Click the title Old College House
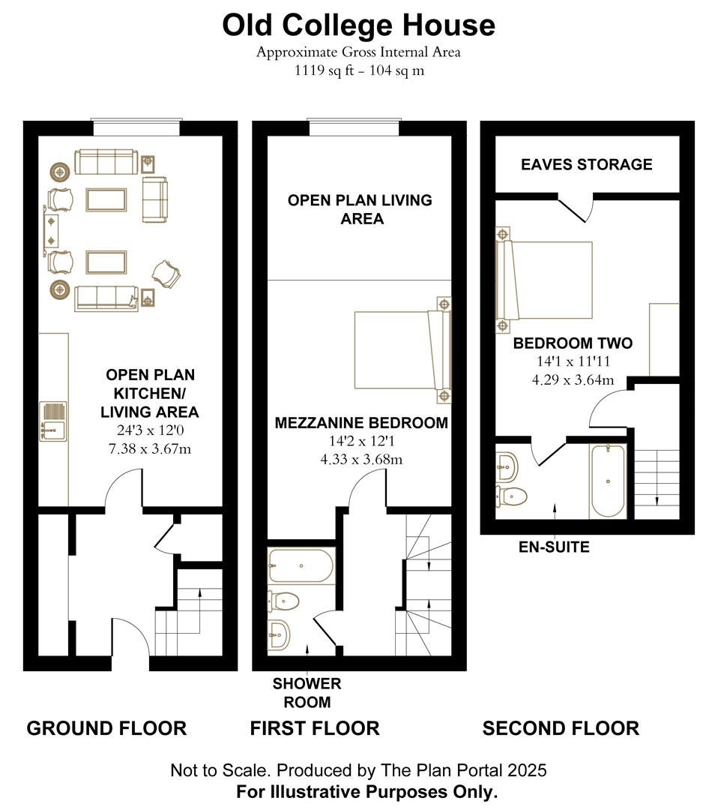click(x=358, y=25)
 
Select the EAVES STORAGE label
click(x=586, y=164)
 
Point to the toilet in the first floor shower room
click(x=284, y=601)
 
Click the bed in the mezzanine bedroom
click(x=403, y=351)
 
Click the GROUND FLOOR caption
click(x=106, y=727)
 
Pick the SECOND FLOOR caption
click(x=560, y=727)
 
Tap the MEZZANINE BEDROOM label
click(x=361, y=423)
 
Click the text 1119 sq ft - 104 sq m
click(x=358, y=71)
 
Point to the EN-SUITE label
click(x=554, y=547)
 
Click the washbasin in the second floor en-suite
click(x=507, y=467)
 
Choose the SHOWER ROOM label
click(x=307, y=693)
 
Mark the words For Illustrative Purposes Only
click(x=366, y=791)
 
